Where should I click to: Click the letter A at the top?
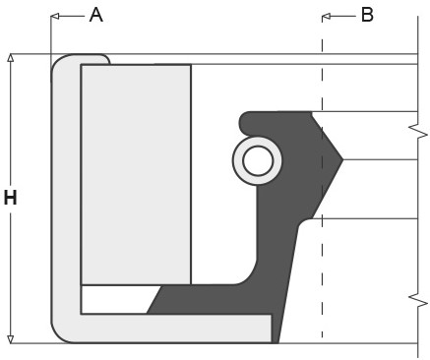[x=95, y=14]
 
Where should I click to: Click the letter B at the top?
[x=367, y=15]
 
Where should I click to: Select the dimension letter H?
[x=11, y=198]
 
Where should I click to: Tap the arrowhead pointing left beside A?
[x=56, y=16]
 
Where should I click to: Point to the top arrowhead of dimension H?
[x=11, y=59]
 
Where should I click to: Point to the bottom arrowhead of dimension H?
[x=11, y=338]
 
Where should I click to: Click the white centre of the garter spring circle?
[x=258, y=160]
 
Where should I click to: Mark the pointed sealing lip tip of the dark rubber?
[x=340, y=158]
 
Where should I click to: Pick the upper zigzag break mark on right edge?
[x=419, y=131]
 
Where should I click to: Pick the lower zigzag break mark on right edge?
[x=419, y=296]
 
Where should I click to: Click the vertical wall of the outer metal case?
[x=65, y=197]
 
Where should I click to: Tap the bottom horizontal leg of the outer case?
[x=167, y=329]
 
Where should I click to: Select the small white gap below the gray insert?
[x=113, y=299]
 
